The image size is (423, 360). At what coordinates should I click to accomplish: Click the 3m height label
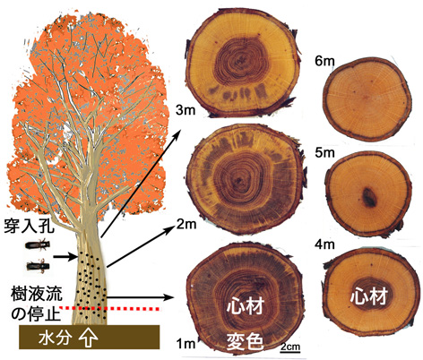(x=186, y=110)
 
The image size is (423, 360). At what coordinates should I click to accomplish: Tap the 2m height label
(x=186, y=224)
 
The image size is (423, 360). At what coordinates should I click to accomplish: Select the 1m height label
(x=186, y=344)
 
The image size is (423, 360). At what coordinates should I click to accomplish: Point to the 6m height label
(x=324, y=61)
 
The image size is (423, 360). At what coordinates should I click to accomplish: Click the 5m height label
(x=324, y=153)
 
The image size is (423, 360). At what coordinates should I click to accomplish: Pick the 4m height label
(x=324, y=244)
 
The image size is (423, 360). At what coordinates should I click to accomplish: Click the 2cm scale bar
(x=290, y=348)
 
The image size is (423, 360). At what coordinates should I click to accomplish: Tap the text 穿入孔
(x=29, y=226)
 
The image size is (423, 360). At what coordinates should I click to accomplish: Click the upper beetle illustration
(x=37, y=245)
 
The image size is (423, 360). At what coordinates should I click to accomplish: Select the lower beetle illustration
(x=38, y=266)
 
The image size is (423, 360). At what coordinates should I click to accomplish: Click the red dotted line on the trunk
(x=110, y=308)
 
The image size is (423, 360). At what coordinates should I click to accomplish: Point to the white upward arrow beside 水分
(x=88, y=338)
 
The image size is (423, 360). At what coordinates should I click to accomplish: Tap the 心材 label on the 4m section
(x=368, y=296)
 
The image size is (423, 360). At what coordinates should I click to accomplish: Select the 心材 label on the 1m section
(x=246, y=306)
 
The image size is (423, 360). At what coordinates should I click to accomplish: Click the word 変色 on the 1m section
(x=245, y=341)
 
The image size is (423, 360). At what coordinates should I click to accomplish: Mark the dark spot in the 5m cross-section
(x=369, y=197)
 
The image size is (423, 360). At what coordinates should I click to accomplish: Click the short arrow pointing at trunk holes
(x=65, y=256)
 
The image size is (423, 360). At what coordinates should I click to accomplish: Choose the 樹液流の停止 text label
(x=37, y=303)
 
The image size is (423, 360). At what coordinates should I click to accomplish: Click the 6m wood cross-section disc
(x=367, y=99)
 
